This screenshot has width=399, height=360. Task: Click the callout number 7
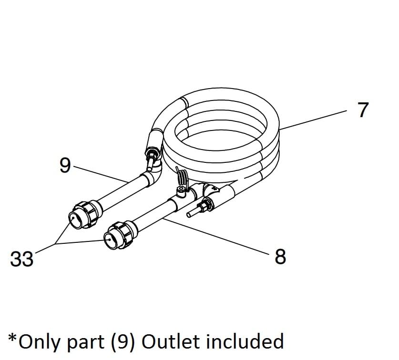[x=363, y=110]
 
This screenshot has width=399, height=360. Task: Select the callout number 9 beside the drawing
[x=65, y=165]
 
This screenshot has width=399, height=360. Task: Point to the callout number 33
[x=22, y=260]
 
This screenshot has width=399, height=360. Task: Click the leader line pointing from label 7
[x=315, y=119]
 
